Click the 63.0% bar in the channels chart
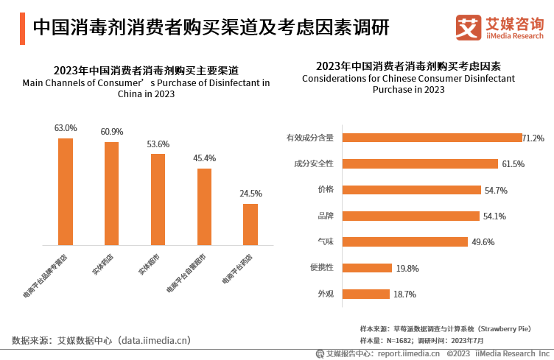tap(66, 191)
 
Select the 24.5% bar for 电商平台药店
tap(250, 225)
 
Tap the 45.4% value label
tap(204, 158)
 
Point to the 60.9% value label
tap(112, 132)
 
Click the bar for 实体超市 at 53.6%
tap(158, 200)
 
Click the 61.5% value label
tap(513, 164)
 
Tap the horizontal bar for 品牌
tap(411, 216)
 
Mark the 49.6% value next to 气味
tap(483, 242)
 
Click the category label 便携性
tap(321, 268)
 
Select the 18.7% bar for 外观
tap(366, 294)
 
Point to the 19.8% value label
tap(407, 269)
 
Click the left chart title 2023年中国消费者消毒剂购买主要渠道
tap(146, 71)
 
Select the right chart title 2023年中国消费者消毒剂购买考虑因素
tap(408, 66)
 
